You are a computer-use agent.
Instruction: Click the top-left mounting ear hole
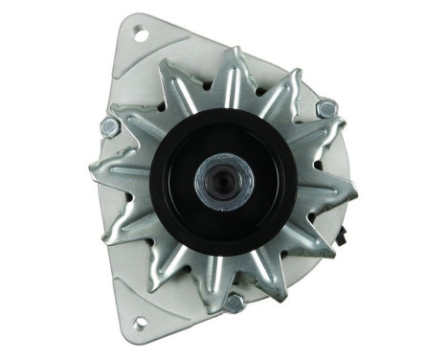click(x=140, y=35)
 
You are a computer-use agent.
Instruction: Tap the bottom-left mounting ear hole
click(x=140, y=324)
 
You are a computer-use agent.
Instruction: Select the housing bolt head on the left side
click(x=109, y=126)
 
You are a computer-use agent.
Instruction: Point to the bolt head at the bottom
click(x=233, y=304)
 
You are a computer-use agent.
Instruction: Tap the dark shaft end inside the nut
click(x=224, y=177)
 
